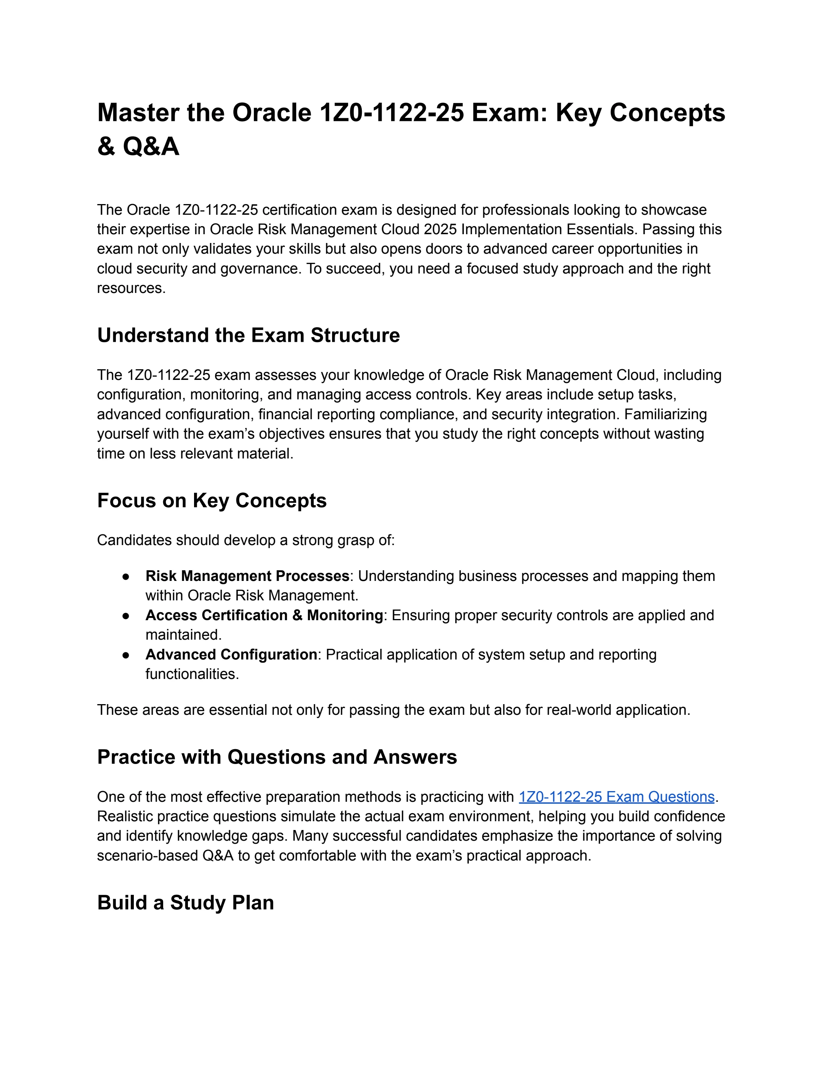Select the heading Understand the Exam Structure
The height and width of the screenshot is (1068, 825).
tap(248, 335)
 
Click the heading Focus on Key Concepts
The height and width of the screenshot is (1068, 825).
tap(212, 501)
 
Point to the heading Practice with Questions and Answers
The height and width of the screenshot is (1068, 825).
tap(277, 757)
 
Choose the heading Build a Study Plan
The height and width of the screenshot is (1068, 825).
tap(186, 903)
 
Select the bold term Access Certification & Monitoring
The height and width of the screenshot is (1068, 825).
tap(264, 615)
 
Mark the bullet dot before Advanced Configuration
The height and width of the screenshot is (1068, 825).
tap(126, 655)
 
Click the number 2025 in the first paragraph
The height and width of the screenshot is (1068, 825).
tap(440, 229)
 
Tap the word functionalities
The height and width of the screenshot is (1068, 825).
tap(192, 674)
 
